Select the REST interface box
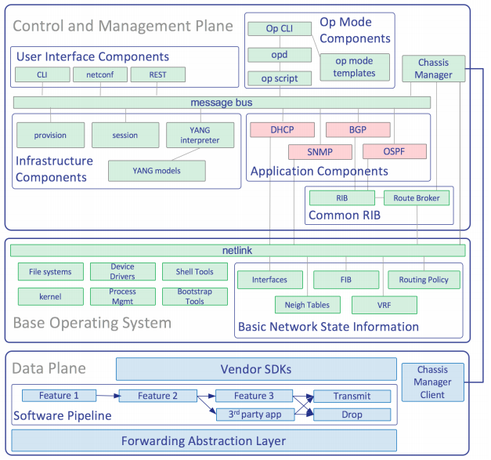pyautogui.click(x=158, y=75)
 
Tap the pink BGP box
pyautogui.click(x=357, y=129)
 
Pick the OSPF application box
pyautogui.click(x=394, y=151)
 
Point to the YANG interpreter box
pyautogui.click(x=199, y=135)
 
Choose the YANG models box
pyautogui.click(x=157, y=171)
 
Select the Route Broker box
pyautogui.click(x=417, y=198)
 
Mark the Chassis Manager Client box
pyautogui.click(x=432, y=382)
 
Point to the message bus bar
pyautogui.click(x=222, y=103)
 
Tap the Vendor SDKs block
pyautogui.click(x=255, y=368)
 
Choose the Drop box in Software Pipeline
pyautogui.click(x=352, y=414)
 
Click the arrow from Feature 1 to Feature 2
pyautogui.click(x=108, y=397)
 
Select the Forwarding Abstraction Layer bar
pyautogui.click(x=204, y=440)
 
